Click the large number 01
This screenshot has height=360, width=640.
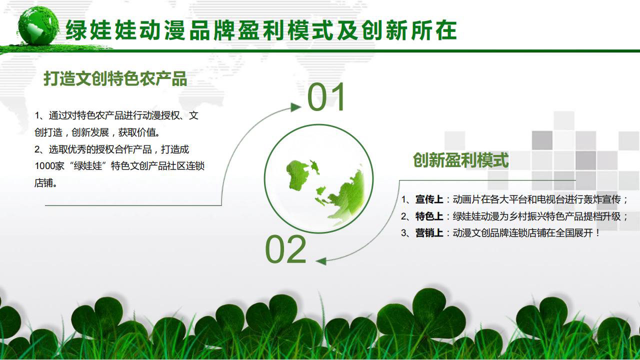[326, 97]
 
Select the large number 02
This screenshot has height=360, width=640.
[285, 249]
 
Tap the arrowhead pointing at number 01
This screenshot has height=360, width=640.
[296, 107]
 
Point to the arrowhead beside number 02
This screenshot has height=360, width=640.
[321, 261]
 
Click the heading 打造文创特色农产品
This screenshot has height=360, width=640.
[115, 78]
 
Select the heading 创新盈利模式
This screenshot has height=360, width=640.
[461, 160]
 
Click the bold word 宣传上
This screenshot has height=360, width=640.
[429, 199]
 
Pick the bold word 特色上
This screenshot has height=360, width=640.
[429, 216]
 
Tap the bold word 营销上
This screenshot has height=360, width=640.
[429, 233]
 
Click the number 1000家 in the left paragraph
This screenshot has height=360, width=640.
[49, 166]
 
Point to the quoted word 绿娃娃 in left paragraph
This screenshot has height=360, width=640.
[88, 166]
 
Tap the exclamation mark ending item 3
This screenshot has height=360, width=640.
[597, 233]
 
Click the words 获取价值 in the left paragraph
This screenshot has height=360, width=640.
[137, 132]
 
